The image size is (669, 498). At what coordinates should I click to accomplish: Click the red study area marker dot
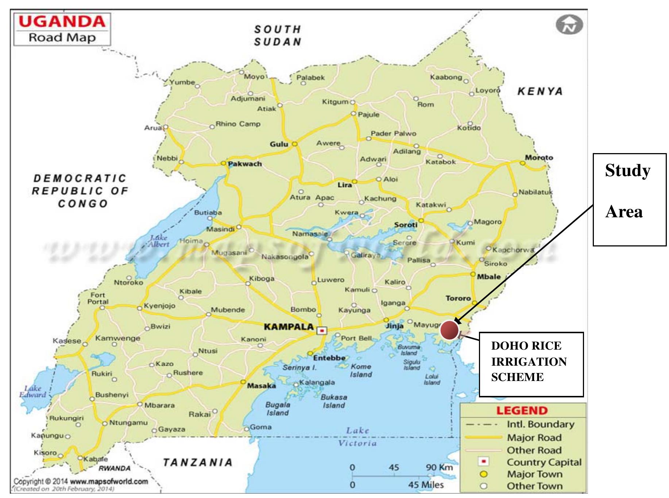[449, 330]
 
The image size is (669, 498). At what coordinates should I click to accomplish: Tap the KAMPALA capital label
[289, 326]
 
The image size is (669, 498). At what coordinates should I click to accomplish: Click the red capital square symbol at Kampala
[322, 331]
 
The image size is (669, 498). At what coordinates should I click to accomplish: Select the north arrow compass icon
[569, 25]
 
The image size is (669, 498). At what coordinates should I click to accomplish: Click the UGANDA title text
[62, 22]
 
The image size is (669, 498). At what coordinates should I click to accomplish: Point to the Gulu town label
[279, 144]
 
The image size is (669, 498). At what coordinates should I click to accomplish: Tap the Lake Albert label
[159, 241]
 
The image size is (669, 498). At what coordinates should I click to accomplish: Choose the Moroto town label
[539, 157]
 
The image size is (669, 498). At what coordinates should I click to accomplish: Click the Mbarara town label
[159, 405]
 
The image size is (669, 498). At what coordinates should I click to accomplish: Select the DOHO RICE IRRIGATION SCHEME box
[531, 364]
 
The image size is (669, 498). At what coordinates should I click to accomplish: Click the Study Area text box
[629, 199]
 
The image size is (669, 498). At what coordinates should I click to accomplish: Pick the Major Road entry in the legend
[534, 437]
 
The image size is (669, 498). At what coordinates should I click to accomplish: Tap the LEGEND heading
[522, 411]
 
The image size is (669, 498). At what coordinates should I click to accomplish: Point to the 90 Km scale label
[439, 467]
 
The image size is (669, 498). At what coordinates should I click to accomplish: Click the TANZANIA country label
[197, 463]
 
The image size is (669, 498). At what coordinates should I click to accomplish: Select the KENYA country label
[540, 91]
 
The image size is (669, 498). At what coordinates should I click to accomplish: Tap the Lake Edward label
[32, 391]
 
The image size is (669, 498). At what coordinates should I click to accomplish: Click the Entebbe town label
[329, 358]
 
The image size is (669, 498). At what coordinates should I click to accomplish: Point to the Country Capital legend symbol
[483, 462]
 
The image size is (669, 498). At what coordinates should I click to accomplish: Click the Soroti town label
[405, 225]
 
